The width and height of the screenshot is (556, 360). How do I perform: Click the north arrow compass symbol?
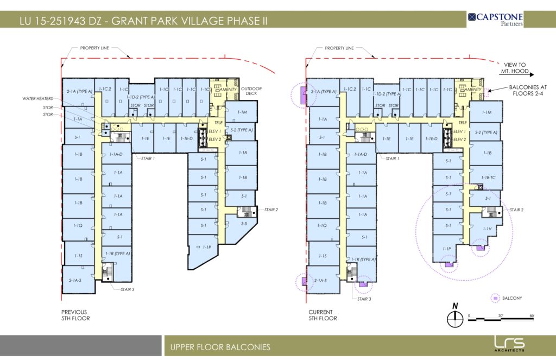tap(454, 317)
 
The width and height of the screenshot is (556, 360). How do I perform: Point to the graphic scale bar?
tap(501, 317)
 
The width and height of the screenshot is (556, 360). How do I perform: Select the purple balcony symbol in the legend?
tap(495, 298)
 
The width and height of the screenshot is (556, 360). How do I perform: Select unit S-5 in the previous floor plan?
tap(244, 224)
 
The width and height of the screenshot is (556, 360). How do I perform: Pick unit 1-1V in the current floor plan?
tap(487, 229)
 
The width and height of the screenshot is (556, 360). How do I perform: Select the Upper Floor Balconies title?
tap(220, 347)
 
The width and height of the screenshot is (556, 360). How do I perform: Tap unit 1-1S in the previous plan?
tap(78, 256)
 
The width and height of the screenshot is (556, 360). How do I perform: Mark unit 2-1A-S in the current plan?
tap(322, 281)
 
